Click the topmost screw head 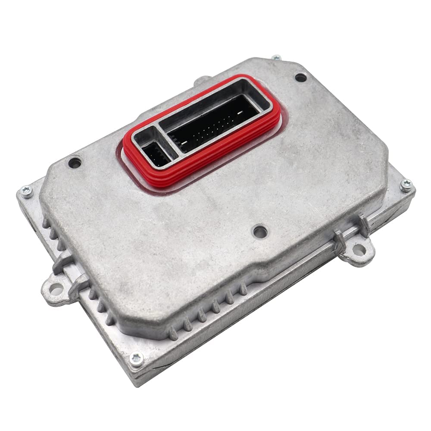[x=276, y=57]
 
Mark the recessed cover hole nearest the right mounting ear [x=259, y=231]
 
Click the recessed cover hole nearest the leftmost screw [x=75, y=163]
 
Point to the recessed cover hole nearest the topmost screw [x=300, y=78]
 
